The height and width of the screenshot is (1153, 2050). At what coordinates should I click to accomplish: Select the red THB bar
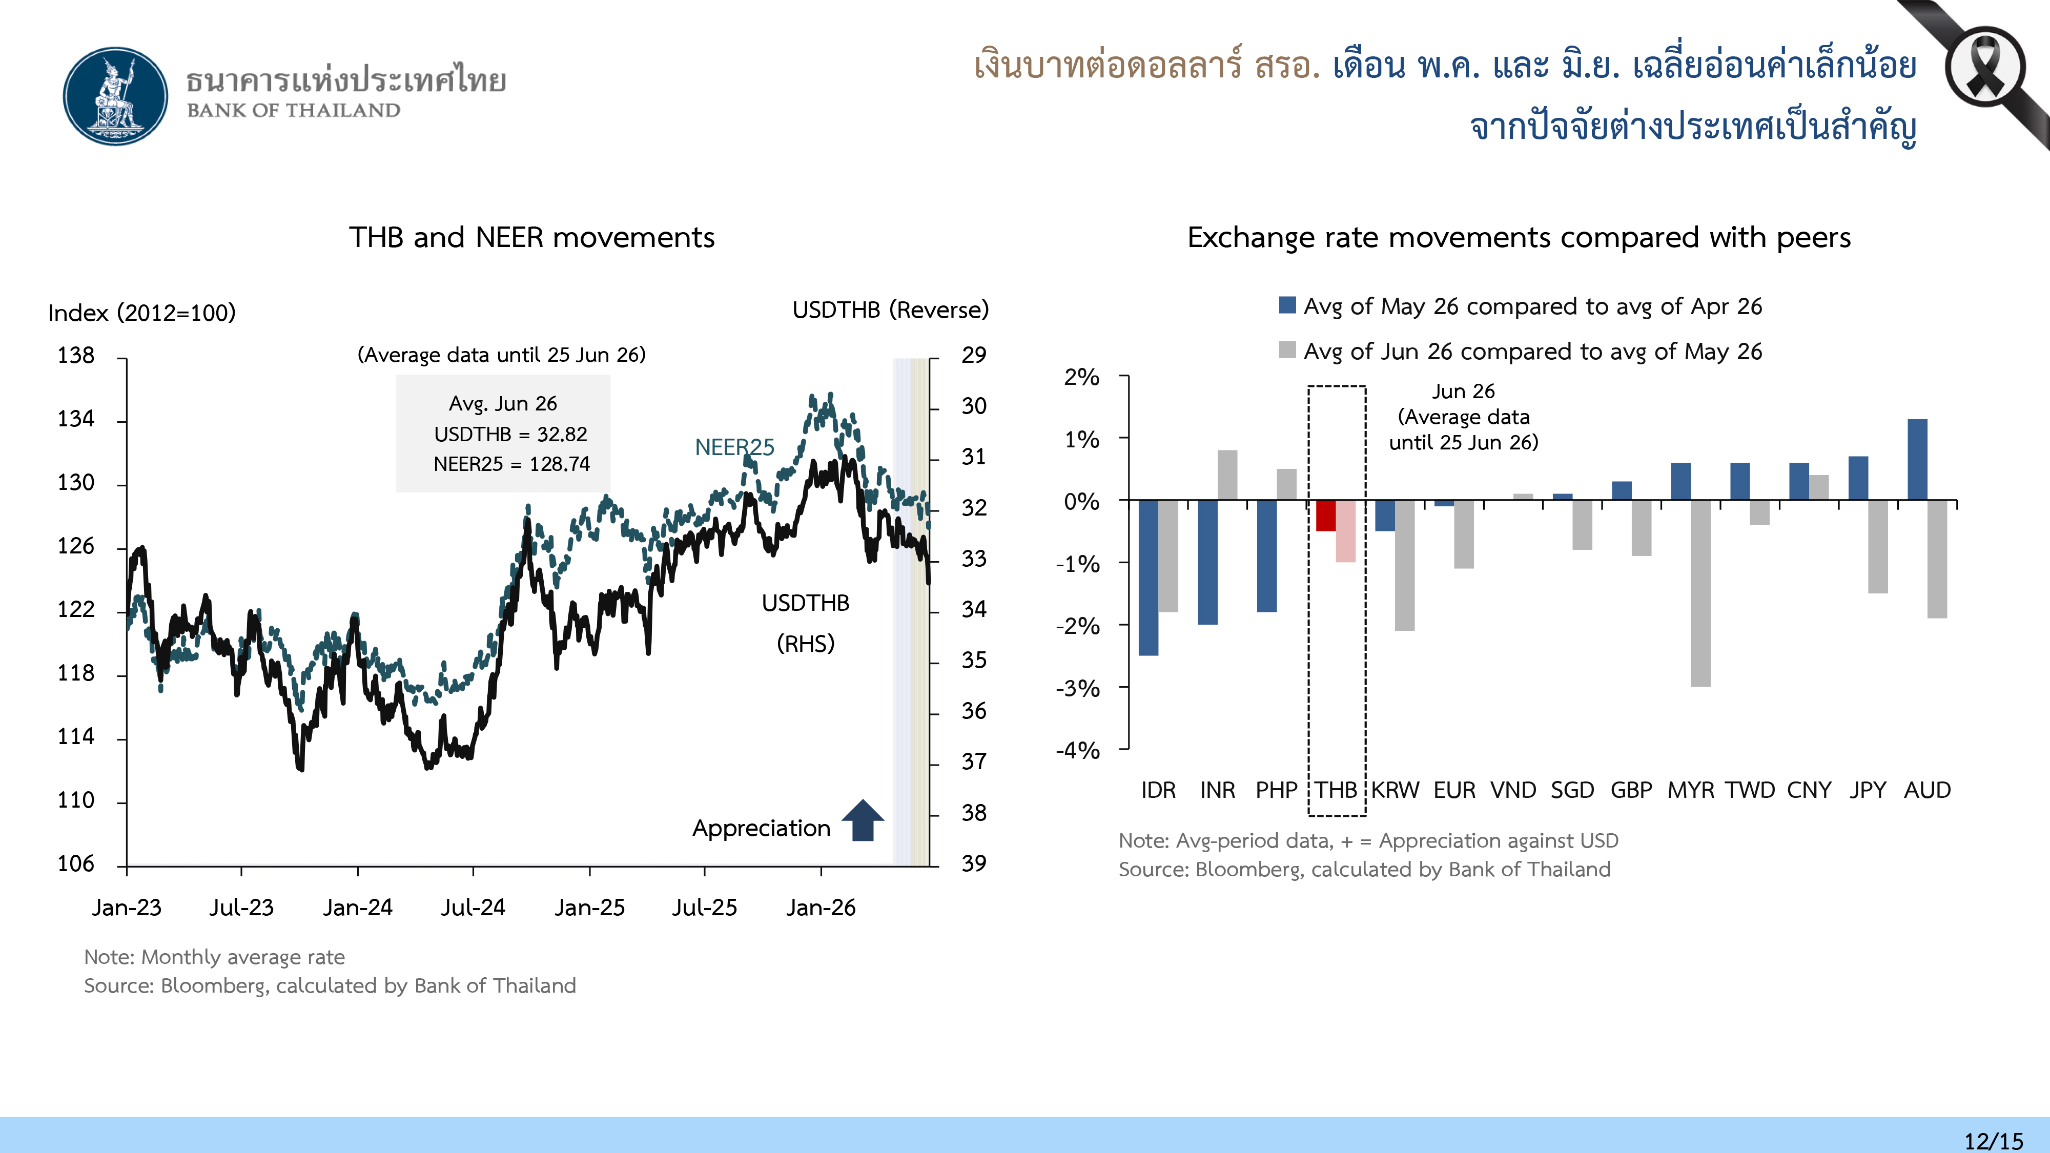(x=1326, y=516)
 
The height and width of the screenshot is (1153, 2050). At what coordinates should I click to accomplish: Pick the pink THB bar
(x=1346, y=531)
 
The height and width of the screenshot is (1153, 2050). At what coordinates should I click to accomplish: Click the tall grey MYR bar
(x=1700, y=593)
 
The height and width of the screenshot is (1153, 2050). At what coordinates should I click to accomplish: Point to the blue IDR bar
(x=1149, y=578)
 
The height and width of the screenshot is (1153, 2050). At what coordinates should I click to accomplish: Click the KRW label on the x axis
(x=1395, y=790)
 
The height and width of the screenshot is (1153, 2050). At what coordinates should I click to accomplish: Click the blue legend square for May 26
(x=1287, y=305)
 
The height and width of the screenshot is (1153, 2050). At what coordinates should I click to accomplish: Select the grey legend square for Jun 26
(x=1287, y=349)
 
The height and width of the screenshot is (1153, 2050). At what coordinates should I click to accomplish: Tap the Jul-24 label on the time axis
(x=474, y=907)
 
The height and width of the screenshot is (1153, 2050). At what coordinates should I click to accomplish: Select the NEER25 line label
(x=734, y=447)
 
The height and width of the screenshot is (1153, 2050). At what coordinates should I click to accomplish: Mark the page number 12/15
(x=1994, y=1141)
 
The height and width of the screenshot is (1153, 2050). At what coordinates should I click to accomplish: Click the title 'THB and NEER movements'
(x=531, y=238)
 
